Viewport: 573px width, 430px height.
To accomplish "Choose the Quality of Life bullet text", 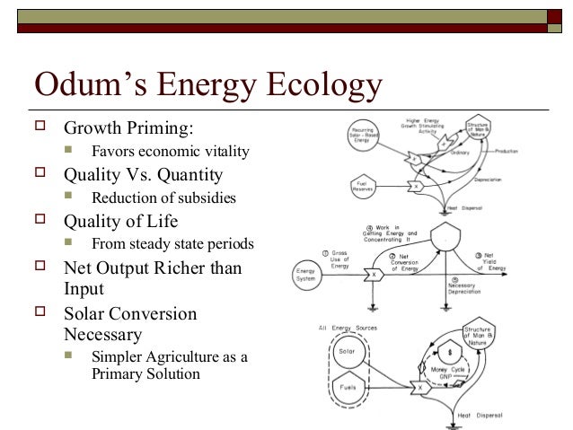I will tap(120, 221).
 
